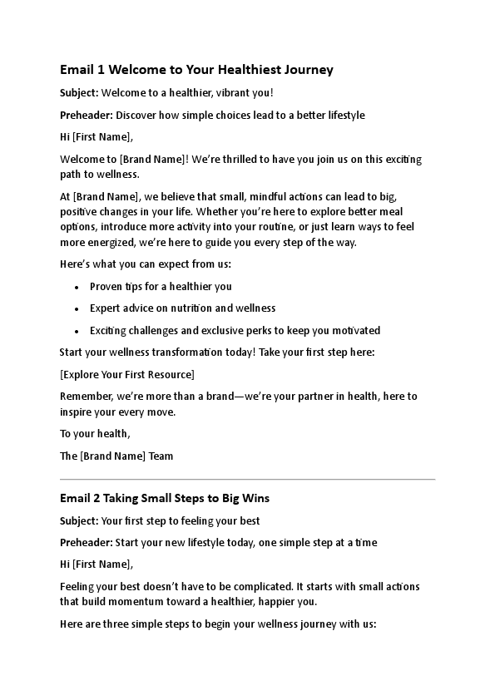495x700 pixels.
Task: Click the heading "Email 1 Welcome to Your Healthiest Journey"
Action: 196,70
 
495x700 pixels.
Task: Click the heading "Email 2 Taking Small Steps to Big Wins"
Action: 165,499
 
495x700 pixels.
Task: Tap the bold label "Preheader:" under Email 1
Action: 87,115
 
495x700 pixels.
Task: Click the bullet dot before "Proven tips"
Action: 77,287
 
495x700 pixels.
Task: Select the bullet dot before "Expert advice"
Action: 77,308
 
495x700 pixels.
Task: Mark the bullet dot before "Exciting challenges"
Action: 77,330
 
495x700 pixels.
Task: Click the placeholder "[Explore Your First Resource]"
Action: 127,374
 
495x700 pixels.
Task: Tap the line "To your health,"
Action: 95,434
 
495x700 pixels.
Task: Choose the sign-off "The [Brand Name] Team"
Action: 116,456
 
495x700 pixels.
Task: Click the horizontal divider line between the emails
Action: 247,479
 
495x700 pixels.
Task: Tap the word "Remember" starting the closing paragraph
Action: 87,397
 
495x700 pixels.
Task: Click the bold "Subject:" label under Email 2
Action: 79,521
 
